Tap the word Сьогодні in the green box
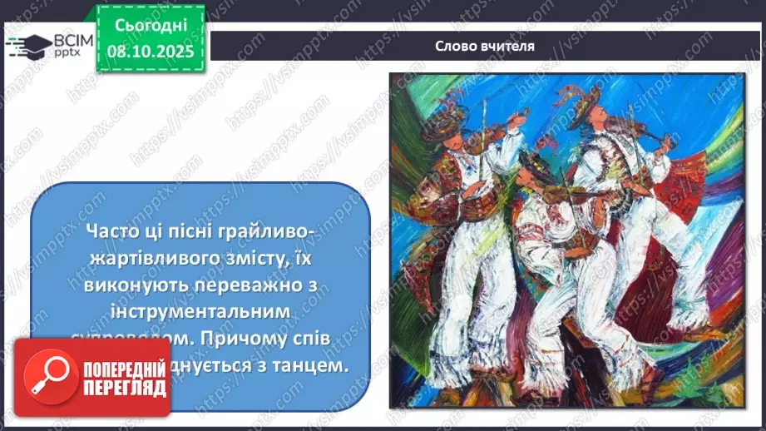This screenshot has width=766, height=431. point(151,26)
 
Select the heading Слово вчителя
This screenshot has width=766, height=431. point(484,46)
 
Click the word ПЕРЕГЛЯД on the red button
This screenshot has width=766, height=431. point(124,388)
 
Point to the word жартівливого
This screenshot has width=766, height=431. point(136,260)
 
